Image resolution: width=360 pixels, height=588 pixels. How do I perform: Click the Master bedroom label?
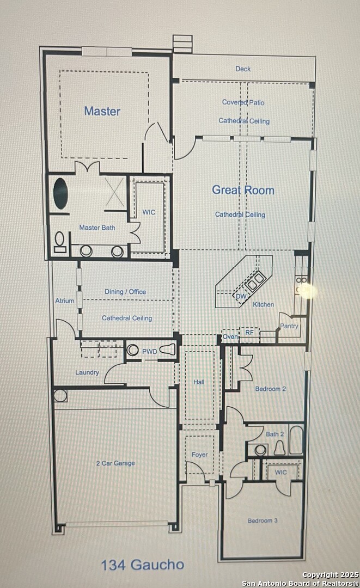pyautogui.click(x=102, y=111)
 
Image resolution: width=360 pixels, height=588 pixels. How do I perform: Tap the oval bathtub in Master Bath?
pyautogui.click(x=61, y=193)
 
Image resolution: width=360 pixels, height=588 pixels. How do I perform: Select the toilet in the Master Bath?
pyautogui.click(x=59, y=242)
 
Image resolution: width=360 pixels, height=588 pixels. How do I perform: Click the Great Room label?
pyautogui.click(x=243, y=190)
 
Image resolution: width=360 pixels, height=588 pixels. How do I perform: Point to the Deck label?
pyautogui.click(x=243, y=69)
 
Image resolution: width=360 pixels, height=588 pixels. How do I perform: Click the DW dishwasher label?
pyautogui.click(x=241, y=296)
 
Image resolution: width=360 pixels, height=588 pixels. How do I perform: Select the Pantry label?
pyautogui.click(x=289, y=326)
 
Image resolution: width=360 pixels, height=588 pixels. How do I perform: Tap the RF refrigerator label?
pyautogui.click(x=249, y=332)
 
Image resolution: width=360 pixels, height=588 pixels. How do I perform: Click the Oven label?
pyautogui.click(x=230, y=337)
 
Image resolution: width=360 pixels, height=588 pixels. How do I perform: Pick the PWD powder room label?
pyautogui.click(x=150, y=352)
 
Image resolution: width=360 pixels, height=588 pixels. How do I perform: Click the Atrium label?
pyautogui.click(x=65, y=301)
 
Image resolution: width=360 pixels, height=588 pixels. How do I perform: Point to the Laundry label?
pyautogui.click(x=87, y=372)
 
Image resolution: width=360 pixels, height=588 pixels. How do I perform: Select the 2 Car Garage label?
pyautogui.click(x=115, y=463)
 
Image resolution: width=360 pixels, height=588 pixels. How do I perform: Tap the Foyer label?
pyautogui.click(x=199, y=455)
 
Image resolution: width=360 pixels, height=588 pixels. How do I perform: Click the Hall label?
pyautogui.click(x=199, y=382)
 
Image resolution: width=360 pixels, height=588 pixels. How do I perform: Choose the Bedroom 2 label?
pyautogui.click(x=270, y=389)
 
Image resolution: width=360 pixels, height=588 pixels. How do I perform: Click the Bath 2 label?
pyautogui.click(x=275, y=434)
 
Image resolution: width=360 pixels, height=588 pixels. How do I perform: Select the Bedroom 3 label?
pyautogui.click(x=263, y=520)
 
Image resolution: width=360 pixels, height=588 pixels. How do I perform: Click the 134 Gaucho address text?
pyautogui.click(x=143, y=565)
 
